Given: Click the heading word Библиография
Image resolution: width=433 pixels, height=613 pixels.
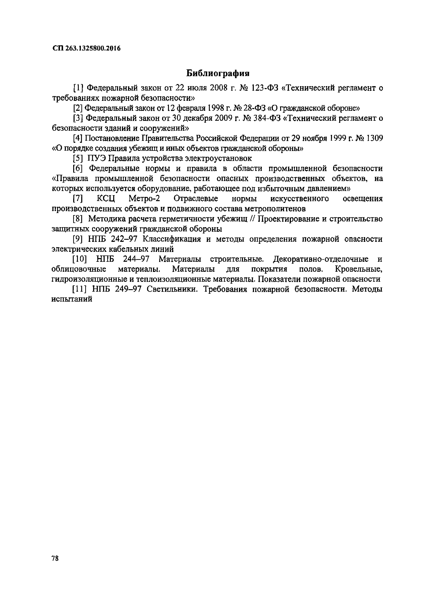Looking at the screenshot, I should pos(217,73).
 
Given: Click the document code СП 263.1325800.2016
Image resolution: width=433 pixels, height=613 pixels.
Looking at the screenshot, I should pos(86,48).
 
